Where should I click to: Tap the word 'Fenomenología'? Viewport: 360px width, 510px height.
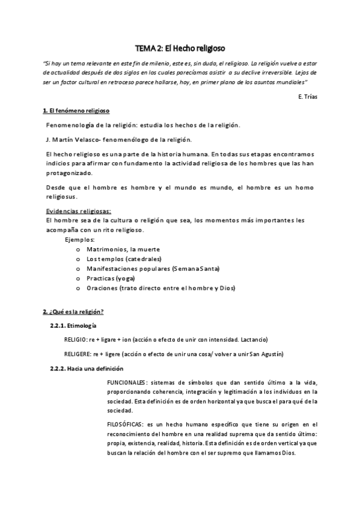[x=71, y=125]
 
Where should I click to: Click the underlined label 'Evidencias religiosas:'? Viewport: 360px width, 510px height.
[x=79, y=212]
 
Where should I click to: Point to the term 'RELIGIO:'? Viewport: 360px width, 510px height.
[x=79, y=339]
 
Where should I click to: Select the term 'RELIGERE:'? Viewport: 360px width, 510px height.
[x=82, y=354]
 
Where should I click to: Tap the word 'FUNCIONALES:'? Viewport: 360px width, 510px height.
[x=127, y=382]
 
